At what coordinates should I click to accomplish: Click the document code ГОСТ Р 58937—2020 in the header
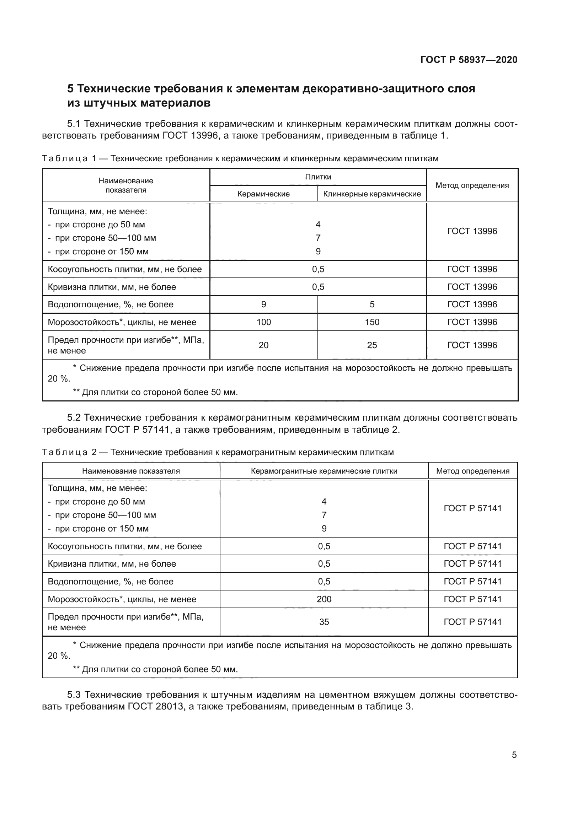tap(469, 60)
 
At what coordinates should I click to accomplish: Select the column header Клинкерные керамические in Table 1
tap(372, 194)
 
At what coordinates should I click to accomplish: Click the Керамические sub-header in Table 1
tap(263, 194)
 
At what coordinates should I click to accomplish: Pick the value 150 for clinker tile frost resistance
tap(372, 322)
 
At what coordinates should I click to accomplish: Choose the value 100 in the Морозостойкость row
tap(263, 322)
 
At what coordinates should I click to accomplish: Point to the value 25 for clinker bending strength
tap(372, 345)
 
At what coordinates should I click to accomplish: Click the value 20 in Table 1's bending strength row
tap(263, 345)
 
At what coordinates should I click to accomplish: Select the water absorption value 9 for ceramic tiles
tap(263, 304)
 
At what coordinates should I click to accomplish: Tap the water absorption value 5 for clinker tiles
tap(372, 304)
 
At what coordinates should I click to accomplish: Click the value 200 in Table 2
tap(324, 599)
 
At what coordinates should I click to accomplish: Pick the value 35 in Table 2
tap(324, 622)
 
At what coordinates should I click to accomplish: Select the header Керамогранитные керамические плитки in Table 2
tap(324, 471)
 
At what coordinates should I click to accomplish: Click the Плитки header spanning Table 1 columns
tap(318, 177)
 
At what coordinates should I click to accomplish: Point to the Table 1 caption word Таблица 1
tap(69, 158)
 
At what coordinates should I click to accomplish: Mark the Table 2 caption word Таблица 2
tap(69, 452)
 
